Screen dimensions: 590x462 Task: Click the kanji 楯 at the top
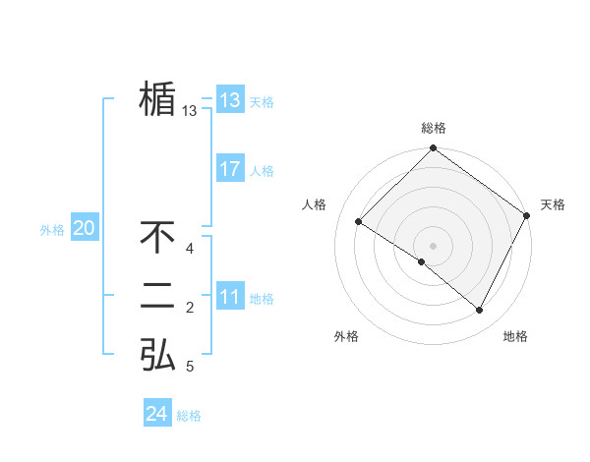point(157,99)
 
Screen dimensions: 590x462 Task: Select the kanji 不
point(157,238)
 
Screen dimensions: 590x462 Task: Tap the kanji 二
point(157,296)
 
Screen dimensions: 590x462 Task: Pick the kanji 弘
point(157,354)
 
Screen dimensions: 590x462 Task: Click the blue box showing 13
point(230,100)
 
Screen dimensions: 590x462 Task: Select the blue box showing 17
point(230,169)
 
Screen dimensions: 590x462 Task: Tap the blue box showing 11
point(230,297)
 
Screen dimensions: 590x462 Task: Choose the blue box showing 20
point(85,229)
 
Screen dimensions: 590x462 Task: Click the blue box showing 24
point(157,414)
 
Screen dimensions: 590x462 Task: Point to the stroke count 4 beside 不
point(190,249)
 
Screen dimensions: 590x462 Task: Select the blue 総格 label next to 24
point(189,416)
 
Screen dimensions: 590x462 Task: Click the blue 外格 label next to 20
point(52,230)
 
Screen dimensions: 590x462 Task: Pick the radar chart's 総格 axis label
point(434,128)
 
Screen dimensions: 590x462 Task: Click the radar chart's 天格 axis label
point(553,204)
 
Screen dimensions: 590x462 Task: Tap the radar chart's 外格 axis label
point(346,336)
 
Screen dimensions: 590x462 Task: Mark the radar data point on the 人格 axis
point(359,221)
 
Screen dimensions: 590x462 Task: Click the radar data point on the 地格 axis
point(480,311)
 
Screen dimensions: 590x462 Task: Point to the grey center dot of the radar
point(433,245)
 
